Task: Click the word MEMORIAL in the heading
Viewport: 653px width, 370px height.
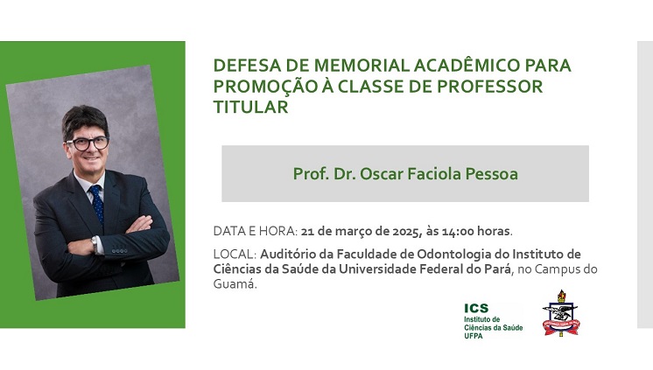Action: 361,66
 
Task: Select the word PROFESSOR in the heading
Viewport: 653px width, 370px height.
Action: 490,87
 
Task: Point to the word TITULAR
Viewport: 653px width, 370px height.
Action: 250,107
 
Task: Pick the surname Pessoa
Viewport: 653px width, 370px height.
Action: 491,174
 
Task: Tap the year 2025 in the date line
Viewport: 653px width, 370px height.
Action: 405,231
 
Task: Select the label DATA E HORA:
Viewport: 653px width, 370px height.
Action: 256,231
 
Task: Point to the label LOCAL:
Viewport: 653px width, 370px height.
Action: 235,254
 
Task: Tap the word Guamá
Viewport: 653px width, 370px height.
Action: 235,284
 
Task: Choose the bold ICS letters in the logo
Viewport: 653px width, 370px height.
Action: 476,309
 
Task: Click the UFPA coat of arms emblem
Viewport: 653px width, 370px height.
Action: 561,313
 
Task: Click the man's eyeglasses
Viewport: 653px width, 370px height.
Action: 88,143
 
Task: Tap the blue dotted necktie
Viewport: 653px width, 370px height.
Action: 97,204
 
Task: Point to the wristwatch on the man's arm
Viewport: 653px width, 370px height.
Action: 95,244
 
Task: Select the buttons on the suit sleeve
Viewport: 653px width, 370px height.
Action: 120,251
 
